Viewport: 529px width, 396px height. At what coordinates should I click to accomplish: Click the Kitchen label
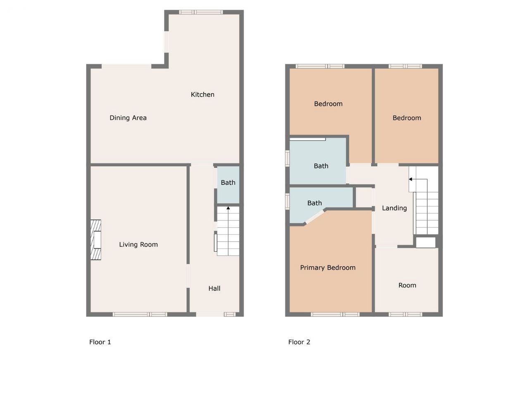pyautogui.click(x=203, y=94)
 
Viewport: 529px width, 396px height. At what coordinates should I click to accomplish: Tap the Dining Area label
pyautogui.click(x=128, y=118)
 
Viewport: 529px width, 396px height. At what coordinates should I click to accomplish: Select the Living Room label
pyautogui.click(x=138, y=245)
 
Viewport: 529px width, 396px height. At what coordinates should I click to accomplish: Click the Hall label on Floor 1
pyautogui.click(x=214, y=288)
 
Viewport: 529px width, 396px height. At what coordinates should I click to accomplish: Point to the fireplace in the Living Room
pyautogui.click(x=96, y=240)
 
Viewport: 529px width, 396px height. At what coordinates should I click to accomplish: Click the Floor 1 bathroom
pyautogui.click(x=228, y=185)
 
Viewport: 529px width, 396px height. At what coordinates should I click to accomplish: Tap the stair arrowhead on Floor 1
pyautogui.click(x=228, y=208)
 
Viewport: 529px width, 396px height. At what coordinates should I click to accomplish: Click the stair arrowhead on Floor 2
pyautogui.click(x=410, y=179)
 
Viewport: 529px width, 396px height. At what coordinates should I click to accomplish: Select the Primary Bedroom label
pyautogui.click(x=328, y=268)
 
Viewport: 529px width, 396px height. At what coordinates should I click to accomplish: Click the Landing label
pyautogui.click(x=394, y=208)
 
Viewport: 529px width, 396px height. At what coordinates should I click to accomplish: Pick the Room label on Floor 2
pyautogui.click(x=407, y=285)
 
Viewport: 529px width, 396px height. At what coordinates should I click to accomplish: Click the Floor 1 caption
pyautogui.click(x=100, y=342)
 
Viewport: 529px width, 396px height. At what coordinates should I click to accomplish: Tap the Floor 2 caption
pyautogui.click(x=299, y=342)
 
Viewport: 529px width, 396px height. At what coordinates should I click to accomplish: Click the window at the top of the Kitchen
pyautogui.click(x=201, y=12)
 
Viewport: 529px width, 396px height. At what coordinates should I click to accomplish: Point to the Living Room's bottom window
pyautogui.click(x=140, y=314)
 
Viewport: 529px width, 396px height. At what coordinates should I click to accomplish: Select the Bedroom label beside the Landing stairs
pyautogui.click(x=407, y=118)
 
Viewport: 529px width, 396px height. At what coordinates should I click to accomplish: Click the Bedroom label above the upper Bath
pyautogui.click(x=328, y=104)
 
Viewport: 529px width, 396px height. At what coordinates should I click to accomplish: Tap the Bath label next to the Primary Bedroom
pyautogui.click(x=315, y=203)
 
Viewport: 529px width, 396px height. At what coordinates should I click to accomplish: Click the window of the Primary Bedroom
pyautogui.click(x=335, y=314)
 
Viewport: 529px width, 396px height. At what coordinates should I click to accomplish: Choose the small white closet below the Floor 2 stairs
pyautogui.click(x=426, y=243)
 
